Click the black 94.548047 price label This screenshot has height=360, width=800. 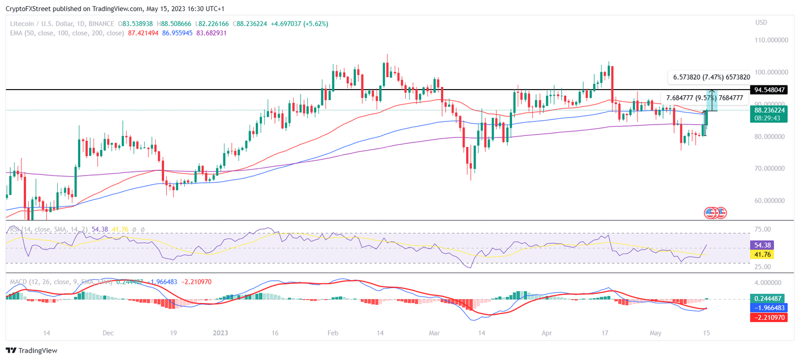[x=769, y=90]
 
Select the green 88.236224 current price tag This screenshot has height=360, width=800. [x=769, y=110]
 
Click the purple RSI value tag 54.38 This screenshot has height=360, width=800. [x=761, y=245]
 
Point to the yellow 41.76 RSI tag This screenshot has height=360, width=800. [x=761, y=255]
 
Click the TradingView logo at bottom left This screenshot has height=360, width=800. [x=31, y=351]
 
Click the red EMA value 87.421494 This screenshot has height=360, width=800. [x=143, y=33]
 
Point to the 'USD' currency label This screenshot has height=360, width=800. [x=761, y=22]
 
